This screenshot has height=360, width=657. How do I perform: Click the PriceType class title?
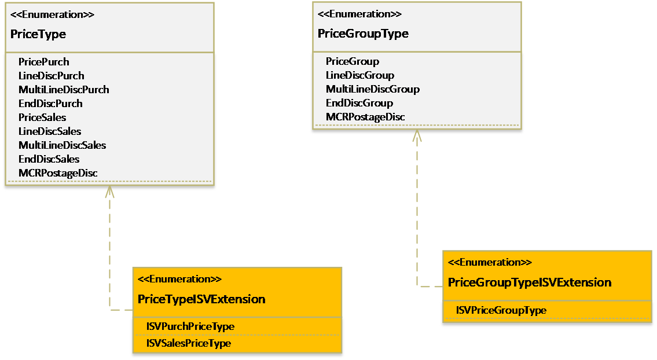[x=38, y=34]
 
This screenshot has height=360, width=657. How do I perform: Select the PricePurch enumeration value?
[x=44, y=62]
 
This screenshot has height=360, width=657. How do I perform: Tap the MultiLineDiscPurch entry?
[x=64, y=90]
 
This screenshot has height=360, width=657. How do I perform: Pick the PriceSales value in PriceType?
[x=42, y=117]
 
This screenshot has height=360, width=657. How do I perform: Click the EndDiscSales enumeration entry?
[x=49, y=159]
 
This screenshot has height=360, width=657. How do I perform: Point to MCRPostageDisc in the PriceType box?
[x=58, y=173]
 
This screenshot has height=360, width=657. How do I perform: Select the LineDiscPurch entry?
[x=52, y=76]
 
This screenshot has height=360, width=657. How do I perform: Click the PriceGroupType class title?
[x=363, y=34]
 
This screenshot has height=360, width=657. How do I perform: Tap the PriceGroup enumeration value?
[x=353, y=61]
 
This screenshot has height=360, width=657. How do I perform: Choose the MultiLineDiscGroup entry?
[x=373, y=89]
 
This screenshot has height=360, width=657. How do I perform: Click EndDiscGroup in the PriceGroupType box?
[x=359, y=103]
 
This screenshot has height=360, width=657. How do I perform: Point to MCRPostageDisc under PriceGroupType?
[x=365, y=117]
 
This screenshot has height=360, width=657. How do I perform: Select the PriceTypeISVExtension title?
[x=201, y=299]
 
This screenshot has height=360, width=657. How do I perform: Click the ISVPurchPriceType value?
[x=190, y=326]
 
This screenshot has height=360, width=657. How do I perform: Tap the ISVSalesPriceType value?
[x=189, y=343]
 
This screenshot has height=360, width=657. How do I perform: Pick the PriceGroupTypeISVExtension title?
[x=530, y=282]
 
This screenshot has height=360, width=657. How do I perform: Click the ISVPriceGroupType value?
[x=501, y=310]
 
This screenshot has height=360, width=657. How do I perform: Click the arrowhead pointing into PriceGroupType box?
[x=417, y=135]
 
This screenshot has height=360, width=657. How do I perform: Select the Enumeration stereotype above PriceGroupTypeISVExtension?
[x=490, y=262]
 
